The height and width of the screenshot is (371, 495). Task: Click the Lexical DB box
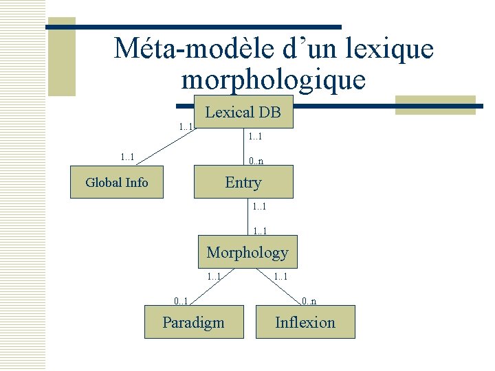(x=244, y=112)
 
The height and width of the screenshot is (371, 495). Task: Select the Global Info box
(x=117, y=182)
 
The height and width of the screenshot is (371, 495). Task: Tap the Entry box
(x=243, y=182)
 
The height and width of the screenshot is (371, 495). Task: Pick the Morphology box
(x=247, y=253)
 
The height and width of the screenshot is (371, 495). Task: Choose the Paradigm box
(x=194, y=322)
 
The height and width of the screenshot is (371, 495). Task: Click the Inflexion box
(x=305, y=322)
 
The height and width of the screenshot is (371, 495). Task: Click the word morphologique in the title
(x=273, y=80)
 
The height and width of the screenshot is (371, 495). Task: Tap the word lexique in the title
(x=394, y=49)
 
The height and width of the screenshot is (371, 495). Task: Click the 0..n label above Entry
(x=256, y=162)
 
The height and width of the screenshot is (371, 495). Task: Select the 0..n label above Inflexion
(x=308, y=301)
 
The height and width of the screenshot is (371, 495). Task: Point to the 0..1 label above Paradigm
(x=181, y=301)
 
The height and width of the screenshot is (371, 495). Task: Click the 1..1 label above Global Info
(x=127, y=157)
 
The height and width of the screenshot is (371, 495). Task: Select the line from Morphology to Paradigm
(x=206, y=286)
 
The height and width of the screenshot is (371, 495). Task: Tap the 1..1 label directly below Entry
(x=260, y=206)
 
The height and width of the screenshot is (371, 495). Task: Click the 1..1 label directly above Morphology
(x=260, y=231)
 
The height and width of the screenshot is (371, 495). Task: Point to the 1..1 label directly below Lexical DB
(x=256, y=137)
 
